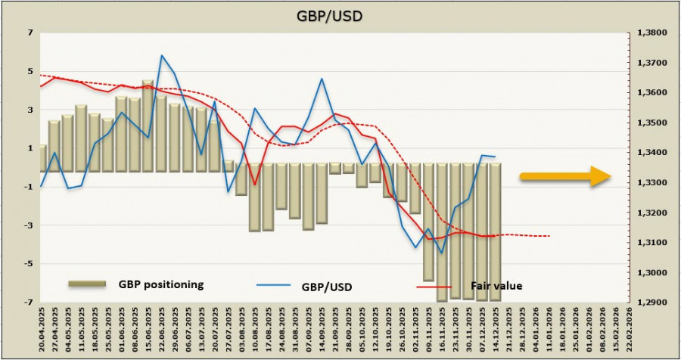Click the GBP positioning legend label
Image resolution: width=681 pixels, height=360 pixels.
pos(160,284)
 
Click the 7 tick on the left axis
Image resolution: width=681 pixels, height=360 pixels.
pos(30,33)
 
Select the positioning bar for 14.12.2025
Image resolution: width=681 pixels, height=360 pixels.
pos(494,231)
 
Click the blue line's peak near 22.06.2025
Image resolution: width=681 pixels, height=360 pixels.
pos(162,55)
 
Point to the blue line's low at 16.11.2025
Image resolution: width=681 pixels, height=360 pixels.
pos(441,253)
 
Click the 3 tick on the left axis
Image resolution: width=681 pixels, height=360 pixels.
pos(30,110)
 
